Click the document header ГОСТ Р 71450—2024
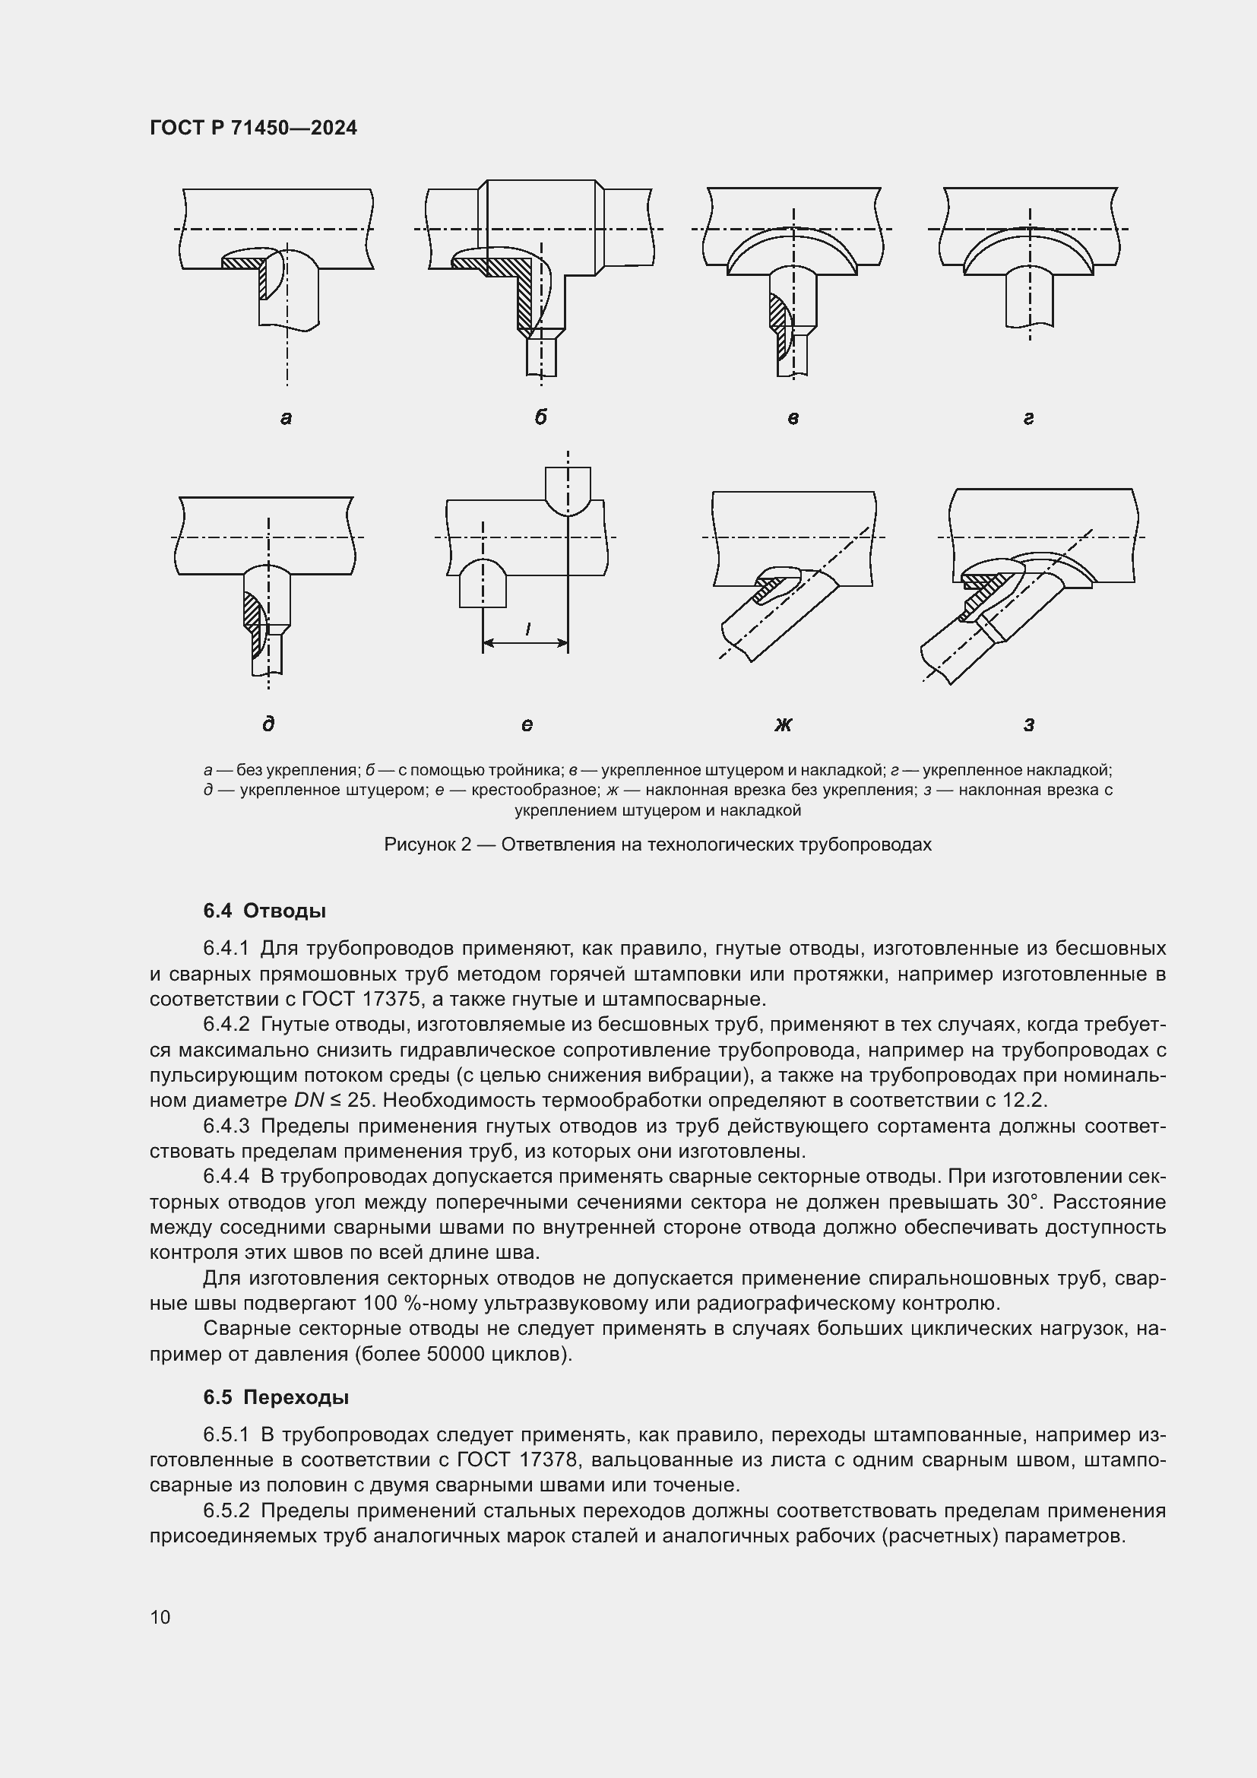pos(253,128)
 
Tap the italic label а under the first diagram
pos(286,419)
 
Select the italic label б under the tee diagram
pos(540,417)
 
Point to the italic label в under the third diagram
pos(793,419)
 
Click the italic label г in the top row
pos(1029,419)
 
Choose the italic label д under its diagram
pos(268,724)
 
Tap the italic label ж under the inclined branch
pos(784,725)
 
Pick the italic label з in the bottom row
pos(1029,725)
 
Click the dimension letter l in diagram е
pos(528,629)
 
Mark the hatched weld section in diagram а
pos(246,264)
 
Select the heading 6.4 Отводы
pos(264,911)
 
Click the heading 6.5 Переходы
pos(276,1398)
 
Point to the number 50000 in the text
pos(458,1355)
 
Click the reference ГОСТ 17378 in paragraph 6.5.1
pos(517,1460)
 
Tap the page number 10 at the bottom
pos(160,1617)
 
